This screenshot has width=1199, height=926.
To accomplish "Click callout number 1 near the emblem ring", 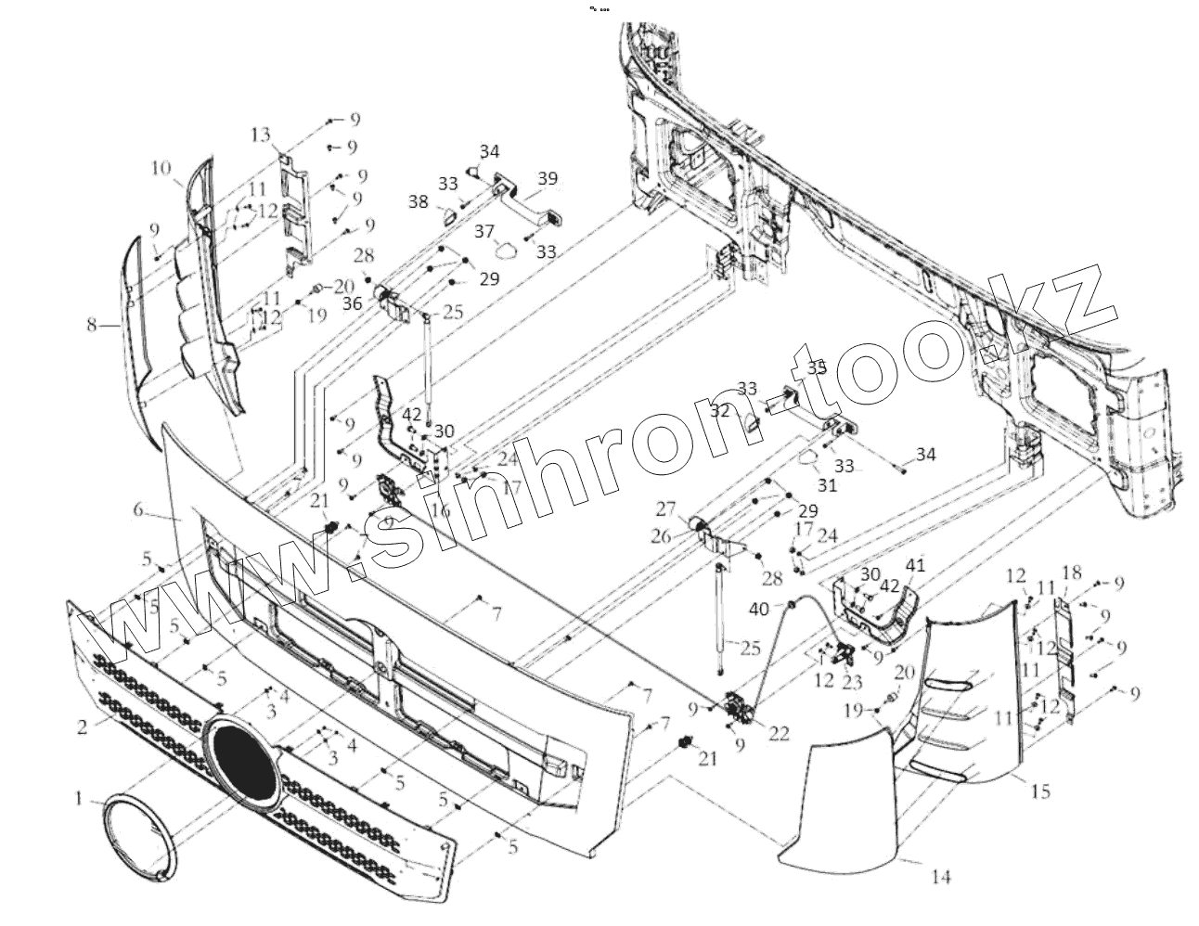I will pyautogui.click(x=81, y=797).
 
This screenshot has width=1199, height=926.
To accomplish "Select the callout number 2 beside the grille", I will pyautogui.click(x=83, y=727).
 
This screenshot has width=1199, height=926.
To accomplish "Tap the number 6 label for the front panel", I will pyautogui.click(x=139, y=509).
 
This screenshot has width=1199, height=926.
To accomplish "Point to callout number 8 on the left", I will pyautogui.click(x=91, y=325).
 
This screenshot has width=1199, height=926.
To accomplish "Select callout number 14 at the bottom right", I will pyautogui.click(x=941, y=875).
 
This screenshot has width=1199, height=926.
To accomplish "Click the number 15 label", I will pyautogui.click(x=1040, y=791).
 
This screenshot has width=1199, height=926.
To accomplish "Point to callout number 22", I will pyautogui.click(x=778, y=733).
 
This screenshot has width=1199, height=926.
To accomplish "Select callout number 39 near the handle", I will pyautogui.click(x=548, y=178).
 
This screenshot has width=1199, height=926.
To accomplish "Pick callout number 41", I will pyautogui.click(x=915, y=565).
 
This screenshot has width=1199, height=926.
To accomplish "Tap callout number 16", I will pyautogui.click(x=440, y=509).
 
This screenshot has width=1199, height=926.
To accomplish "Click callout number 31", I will pyautogui.click(x=827, y=484).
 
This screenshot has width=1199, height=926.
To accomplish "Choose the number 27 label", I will pyautogui.click(x=690, y=508).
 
